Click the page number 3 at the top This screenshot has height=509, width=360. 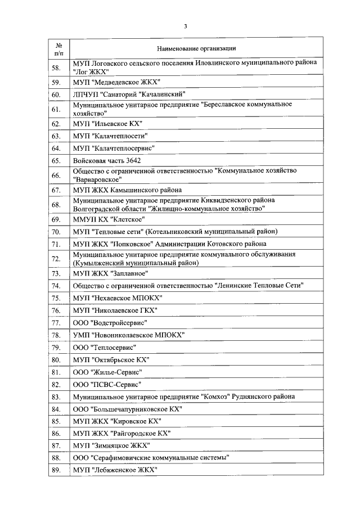click(x=184, y=26)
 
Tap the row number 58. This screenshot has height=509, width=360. click(x=56, y=68)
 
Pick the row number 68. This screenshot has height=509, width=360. click(x=56, y=205)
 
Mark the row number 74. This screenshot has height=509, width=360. click(x=56, y=285)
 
